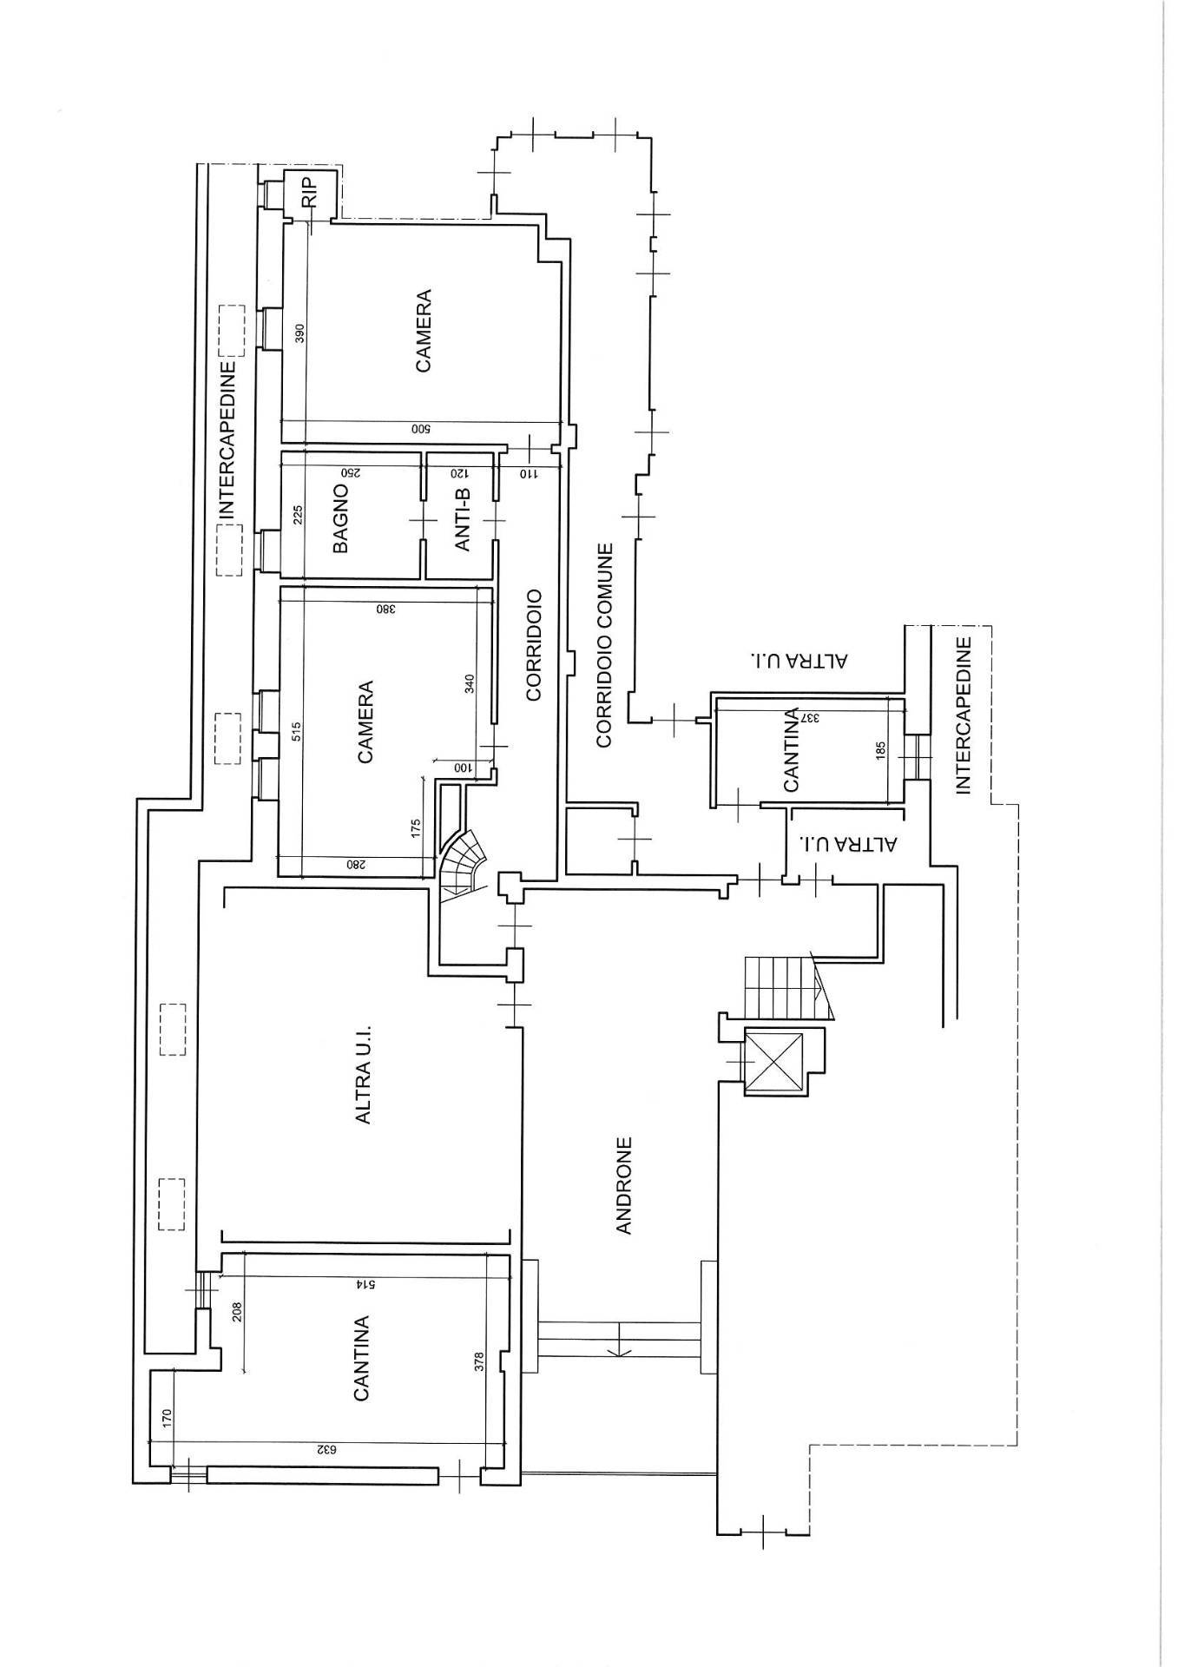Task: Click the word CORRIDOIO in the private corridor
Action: point(533,646)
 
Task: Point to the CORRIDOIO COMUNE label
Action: point(604,645)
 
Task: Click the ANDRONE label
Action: point(627,1185)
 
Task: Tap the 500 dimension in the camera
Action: point(425,429)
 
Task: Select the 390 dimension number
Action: point(301,334)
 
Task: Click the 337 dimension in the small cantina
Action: point(808,718)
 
